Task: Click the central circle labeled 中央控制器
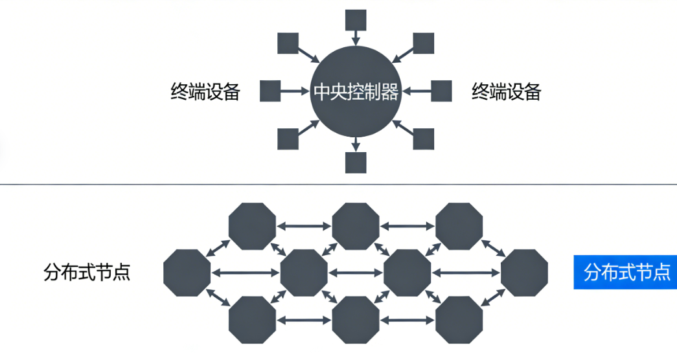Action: (x=355, y=91)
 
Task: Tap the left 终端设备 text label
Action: (x=205, y=92)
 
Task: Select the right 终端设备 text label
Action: (x=506, y=92)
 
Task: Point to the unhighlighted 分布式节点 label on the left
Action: (x=87, y=272)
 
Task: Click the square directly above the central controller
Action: (x=356, y=20)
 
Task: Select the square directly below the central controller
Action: (x=356, y=163)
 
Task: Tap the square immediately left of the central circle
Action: (x=270, y=91)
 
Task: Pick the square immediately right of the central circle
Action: (x=441, y=91)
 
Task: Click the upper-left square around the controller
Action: (x=288, y=43)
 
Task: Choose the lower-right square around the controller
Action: (x=424, y=139)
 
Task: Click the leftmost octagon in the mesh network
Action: (x=187, y=273)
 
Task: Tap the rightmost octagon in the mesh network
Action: (x=524, y=273)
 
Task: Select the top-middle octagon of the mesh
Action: (x=356, y=226)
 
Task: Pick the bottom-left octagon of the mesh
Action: (x=252, y=319)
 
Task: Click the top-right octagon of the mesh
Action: (x=459, y=226)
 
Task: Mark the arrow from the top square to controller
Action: (x=356, y=38)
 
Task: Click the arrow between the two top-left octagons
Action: (x=304, y=226)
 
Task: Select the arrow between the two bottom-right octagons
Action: (x=407, y=319)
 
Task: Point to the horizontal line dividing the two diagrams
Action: (x=338, y=185)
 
